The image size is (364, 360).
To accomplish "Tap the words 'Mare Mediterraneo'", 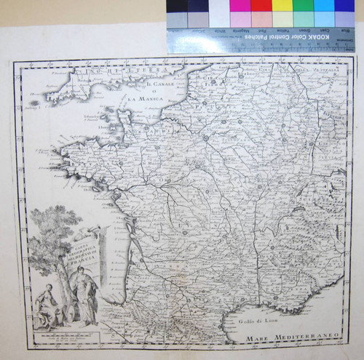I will (x=290, y=335).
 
